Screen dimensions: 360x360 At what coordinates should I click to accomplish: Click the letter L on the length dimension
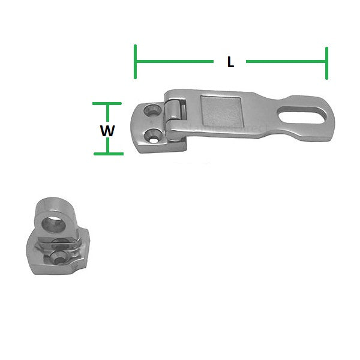click(230, 62)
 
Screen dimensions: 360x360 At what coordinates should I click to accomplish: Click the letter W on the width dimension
click(107, 129)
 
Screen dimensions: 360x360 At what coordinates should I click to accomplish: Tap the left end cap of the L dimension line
click(136, 62)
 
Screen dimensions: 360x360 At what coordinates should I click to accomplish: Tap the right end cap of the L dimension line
click(326, 62)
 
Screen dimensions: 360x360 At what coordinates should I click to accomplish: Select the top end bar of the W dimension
click(108, 104)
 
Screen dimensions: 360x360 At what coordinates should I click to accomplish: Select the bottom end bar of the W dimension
click(108, 154)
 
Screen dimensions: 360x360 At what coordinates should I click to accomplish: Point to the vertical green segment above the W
click(108, 112)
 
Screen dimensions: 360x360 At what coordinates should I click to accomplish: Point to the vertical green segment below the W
click(108, 145)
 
